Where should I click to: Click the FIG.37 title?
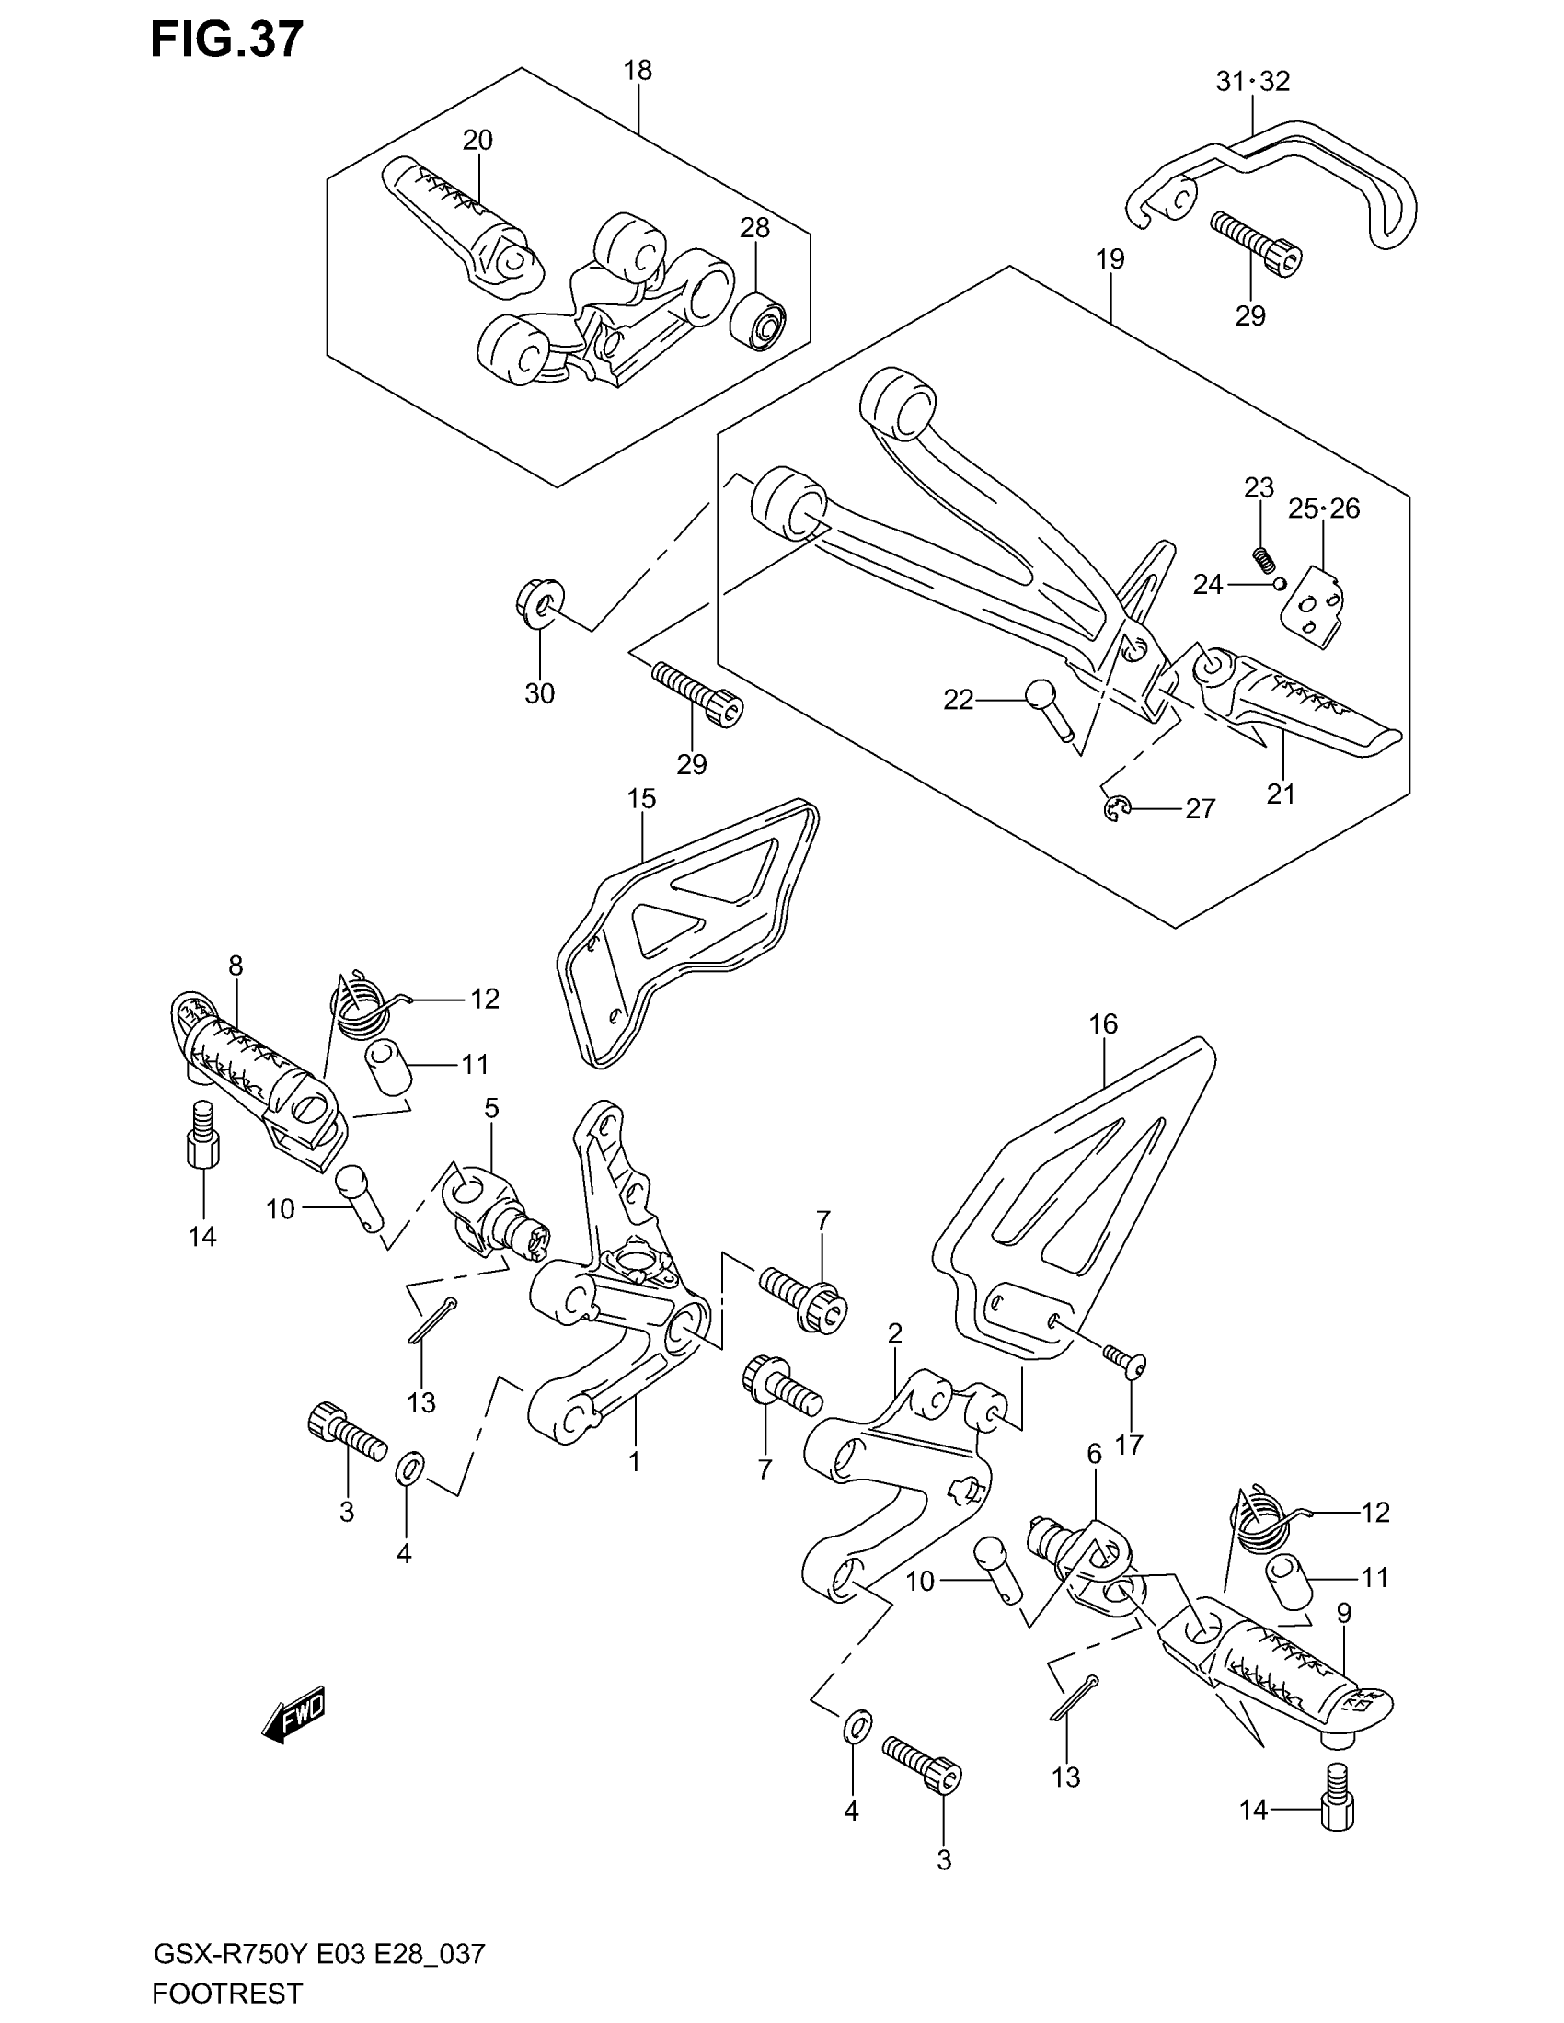coord(226,40)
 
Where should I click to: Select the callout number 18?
coord(638,71)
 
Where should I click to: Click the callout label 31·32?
coord(1252,82)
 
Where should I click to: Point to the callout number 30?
coord(539,692)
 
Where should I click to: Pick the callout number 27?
coord(1200,808)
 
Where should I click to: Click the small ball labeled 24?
coord(1279,584)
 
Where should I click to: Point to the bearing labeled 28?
coord(759,321)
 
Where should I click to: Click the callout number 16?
coord(1102,1023)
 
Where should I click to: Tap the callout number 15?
coord(641,798)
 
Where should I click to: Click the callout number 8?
coord(236,966)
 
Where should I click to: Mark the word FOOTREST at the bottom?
coord(227,1993)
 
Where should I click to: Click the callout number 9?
coord(1343,1613)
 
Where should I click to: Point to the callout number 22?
coord(958,701)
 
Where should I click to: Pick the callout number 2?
coord(894,1334)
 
